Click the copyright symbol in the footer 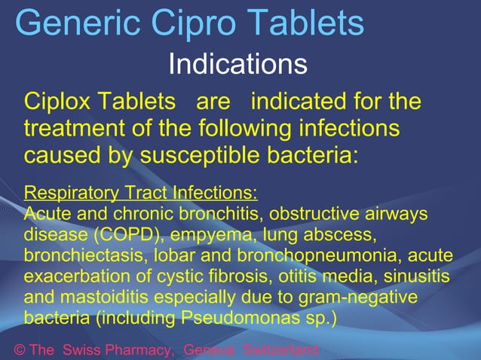coord(20,351)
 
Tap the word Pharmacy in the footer coord(136,351)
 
